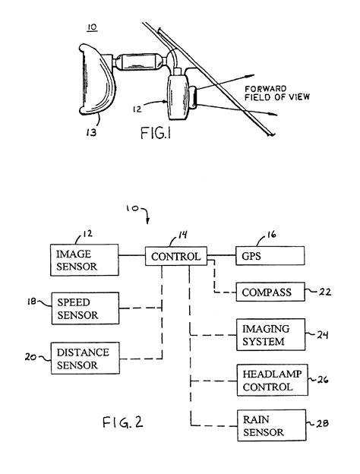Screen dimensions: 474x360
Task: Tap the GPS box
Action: tap(270, 257)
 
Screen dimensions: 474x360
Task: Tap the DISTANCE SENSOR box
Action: tap(84, 357)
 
